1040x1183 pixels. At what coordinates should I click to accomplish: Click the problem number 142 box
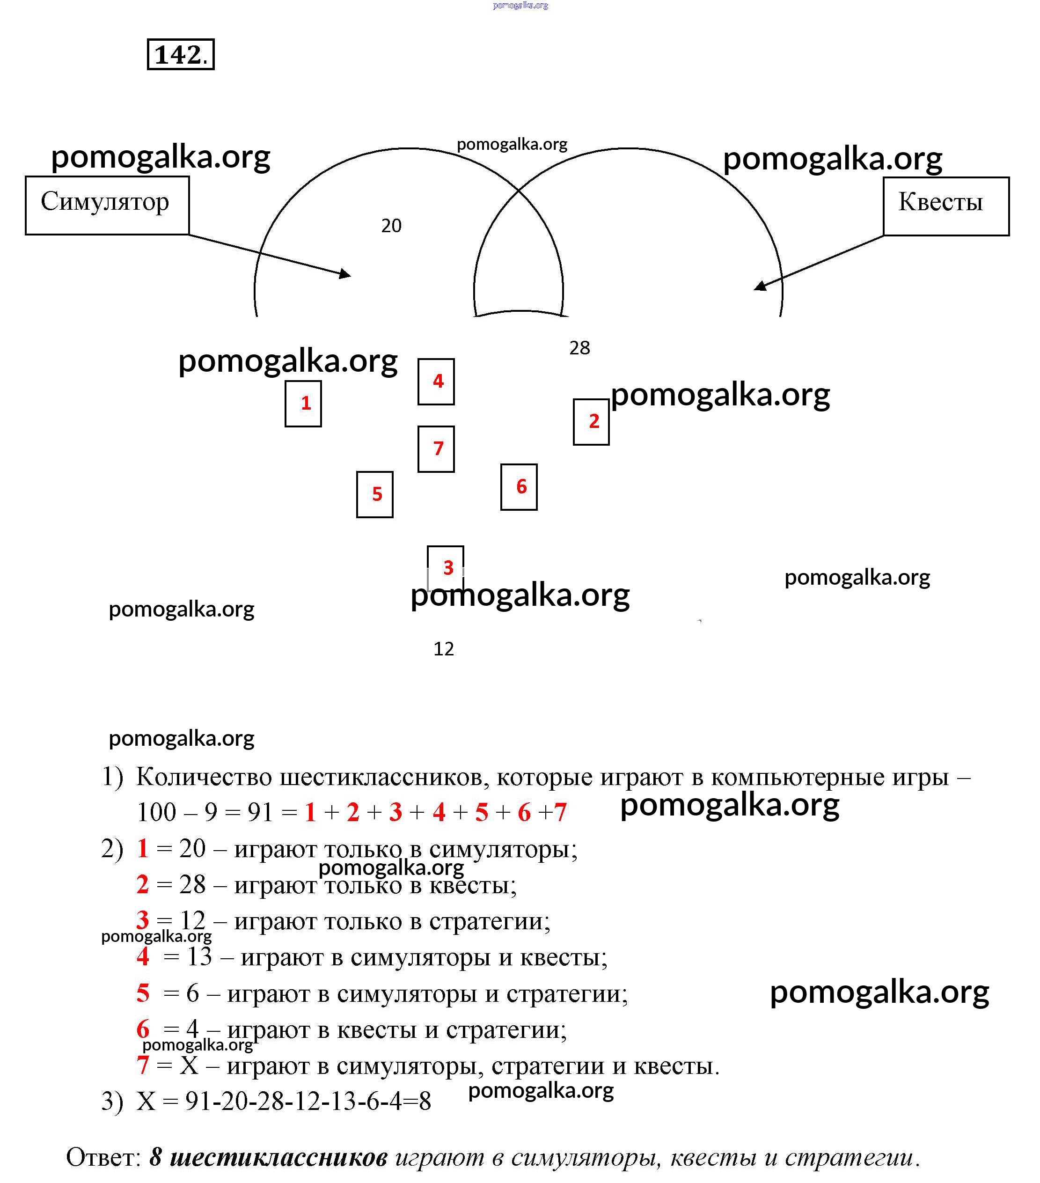click(x=181, y=54)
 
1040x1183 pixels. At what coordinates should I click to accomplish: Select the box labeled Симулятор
click(x=107, y=205)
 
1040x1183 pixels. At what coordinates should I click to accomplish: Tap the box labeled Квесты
click(x=945, y=206)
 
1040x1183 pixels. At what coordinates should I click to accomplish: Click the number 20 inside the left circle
click(x=391, y=226)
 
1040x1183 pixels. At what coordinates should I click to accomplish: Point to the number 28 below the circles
click(x=579, y=348)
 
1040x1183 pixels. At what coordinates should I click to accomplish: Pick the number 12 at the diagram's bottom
click(x=443, y=649)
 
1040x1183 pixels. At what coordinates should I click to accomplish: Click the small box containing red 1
click(x=303, y=404)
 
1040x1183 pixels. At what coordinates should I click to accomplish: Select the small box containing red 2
click(x=591, y=422)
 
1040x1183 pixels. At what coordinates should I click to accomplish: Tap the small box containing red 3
click(x=445, y=567)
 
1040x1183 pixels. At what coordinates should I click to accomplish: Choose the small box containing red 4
click(x=436, y=382)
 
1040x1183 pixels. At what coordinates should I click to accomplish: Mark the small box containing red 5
click(x=374, y=494)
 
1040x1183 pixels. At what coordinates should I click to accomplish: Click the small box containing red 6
click(x=519, y=487)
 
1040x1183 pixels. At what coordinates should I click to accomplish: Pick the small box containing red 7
click(x=436, y=449)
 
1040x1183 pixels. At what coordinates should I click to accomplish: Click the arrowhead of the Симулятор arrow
click(x=346, y=274)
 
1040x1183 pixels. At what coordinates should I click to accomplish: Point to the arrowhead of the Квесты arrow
click(x=759, y=286)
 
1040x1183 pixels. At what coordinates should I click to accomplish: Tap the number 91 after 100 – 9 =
click(x=260, y=813)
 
